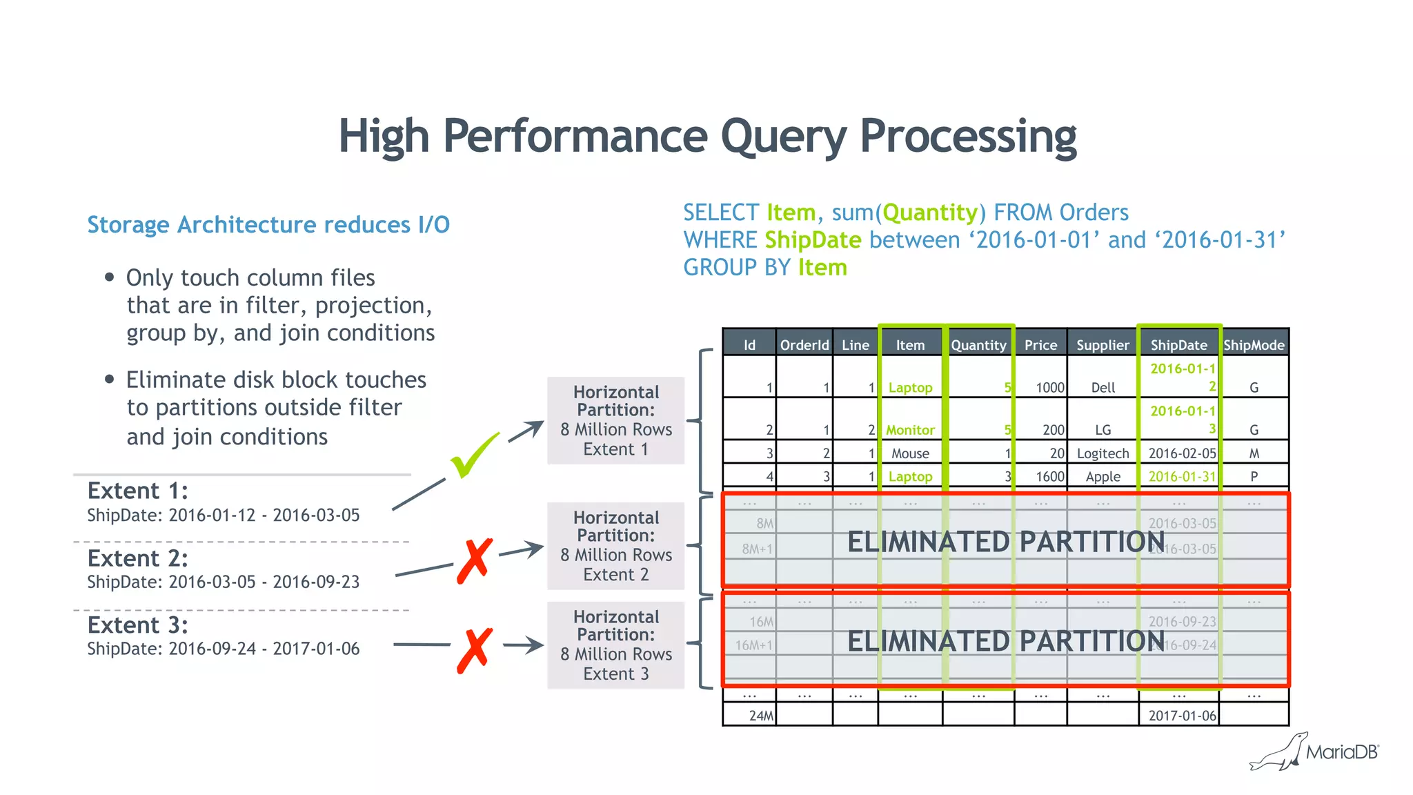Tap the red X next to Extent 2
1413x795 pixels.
[475, 560]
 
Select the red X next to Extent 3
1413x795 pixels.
[475, 650]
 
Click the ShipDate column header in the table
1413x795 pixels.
[1178, 345]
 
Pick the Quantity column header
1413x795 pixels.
[978, 345]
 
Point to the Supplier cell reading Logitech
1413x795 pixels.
[1103, 453]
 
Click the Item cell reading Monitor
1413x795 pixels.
[910, 430]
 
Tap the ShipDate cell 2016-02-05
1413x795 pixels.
[1182, 453]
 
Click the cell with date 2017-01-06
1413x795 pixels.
[1182, 716]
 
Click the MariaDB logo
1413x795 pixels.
[1314, 752]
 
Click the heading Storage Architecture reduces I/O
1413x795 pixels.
[268, 225]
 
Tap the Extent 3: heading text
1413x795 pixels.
[137, 625]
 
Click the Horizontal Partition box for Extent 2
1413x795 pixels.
[615, 546]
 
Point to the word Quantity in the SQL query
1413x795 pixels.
[930, 213]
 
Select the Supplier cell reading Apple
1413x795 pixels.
[1103, 476]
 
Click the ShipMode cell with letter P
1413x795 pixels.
[1254, 476]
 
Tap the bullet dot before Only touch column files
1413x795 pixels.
[109, 277]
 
